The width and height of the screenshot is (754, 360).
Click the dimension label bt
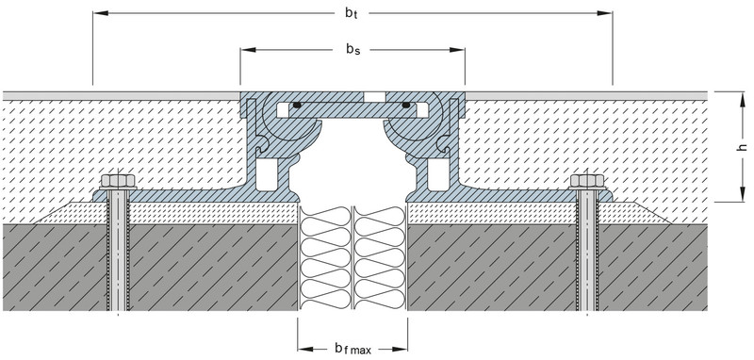pos(352,13)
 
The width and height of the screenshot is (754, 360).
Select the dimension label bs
pos(352,50)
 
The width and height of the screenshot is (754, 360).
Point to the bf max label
pos(352,349)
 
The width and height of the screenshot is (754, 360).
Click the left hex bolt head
pos(118,181)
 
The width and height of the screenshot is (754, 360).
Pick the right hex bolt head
pos(587,181)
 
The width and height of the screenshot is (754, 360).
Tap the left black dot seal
pos(297,105)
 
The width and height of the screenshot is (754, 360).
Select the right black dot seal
pos(406,105)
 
